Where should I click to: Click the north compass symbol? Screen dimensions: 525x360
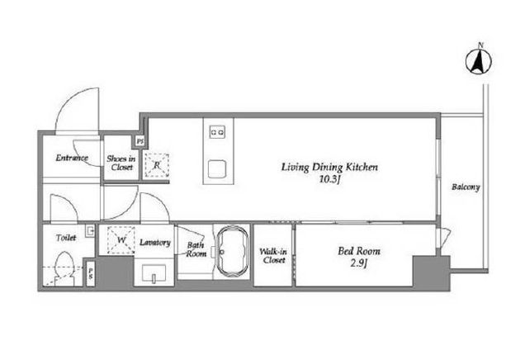479,60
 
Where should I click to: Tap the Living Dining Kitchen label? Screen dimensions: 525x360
329,167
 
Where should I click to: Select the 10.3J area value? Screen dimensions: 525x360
329,180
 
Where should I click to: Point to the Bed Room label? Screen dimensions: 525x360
359,251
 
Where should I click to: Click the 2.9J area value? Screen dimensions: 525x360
359,263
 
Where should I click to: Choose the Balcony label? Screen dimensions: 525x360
466,187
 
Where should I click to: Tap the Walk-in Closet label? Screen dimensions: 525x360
273,255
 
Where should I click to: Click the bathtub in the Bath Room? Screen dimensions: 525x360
233,251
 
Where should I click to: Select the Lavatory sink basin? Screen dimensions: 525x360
154,273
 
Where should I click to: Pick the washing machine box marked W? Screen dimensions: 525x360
121,240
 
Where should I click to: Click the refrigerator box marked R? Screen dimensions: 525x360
156,165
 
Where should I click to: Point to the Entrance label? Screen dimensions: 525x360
72,158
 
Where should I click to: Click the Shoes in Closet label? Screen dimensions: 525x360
121,163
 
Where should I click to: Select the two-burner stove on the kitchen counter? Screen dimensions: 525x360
217,131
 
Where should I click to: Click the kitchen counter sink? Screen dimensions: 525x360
217,169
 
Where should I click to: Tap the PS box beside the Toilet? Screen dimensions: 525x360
91,274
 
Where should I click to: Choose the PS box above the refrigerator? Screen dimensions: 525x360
140,141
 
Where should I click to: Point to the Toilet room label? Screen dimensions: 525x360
66,238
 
